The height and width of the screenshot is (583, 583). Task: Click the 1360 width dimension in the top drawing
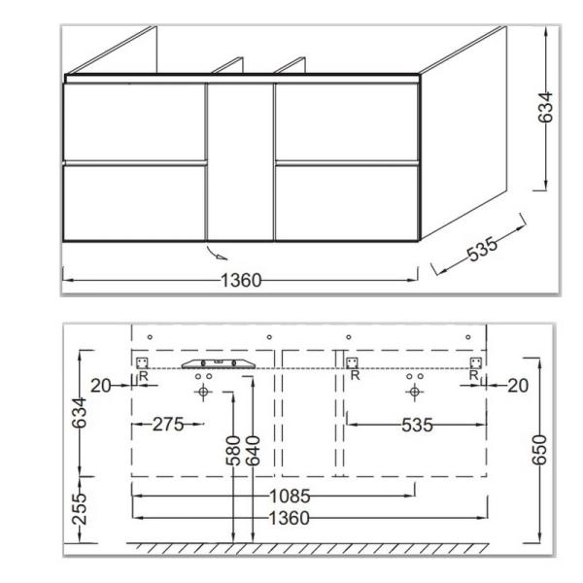point(240,281)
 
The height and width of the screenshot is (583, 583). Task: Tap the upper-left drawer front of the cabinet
point(135,122)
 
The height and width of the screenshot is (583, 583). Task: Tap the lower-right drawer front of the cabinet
point(346,201)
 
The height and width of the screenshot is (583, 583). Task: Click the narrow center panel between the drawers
point(241,161)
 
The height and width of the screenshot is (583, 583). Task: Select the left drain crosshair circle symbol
point(203,392)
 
